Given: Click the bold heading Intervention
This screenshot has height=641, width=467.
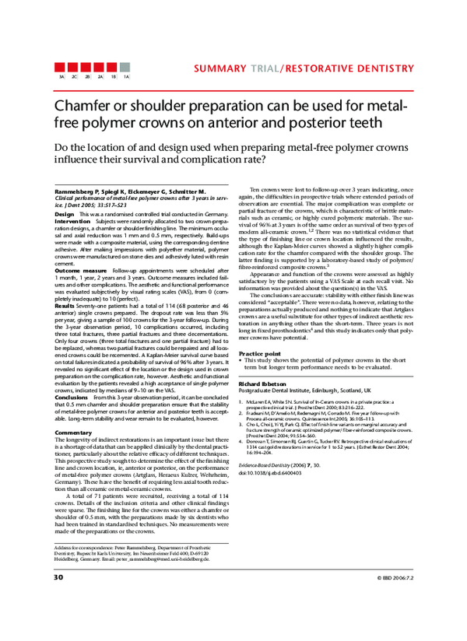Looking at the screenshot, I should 72,220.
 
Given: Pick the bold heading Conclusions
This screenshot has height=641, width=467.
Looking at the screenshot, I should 72,396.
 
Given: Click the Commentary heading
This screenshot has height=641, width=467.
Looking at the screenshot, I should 74,433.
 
